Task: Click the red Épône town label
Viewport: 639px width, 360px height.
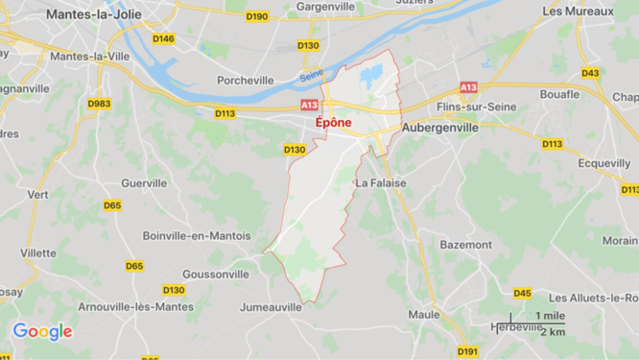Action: [333, 123]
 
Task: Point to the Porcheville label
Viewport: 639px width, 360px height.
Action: [247, 81]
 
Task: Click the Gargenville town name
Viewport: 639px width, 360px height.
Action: [326, 6]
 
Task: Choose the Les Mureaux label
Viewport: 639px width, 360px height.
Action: [579, 12]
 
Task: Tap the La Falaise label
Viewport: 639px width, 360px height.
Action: [381, 182]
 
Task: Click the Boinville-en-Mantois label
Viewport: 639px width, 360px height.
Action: [196, 235]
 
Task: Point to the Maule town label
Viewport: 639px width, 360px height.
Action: [423, 314]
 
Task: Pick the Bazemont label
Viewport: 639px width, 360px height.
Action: [465, 245]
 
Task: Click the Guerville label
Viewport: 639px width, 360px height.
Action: [144, 182]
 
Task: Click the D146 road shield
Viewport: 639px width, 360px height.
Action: [164, 38]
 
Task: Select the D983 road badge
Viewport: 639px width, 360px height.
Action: [99, 103]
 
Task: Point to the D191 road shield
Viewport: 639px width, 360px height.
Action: [467, 351]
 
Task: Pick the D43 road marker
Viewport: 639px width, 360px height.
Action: [590, 73]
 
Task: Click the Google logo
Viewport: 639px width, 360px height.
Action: [42, 332]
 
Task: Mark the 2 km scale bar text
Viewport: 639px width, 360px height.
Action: [552, 331]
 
